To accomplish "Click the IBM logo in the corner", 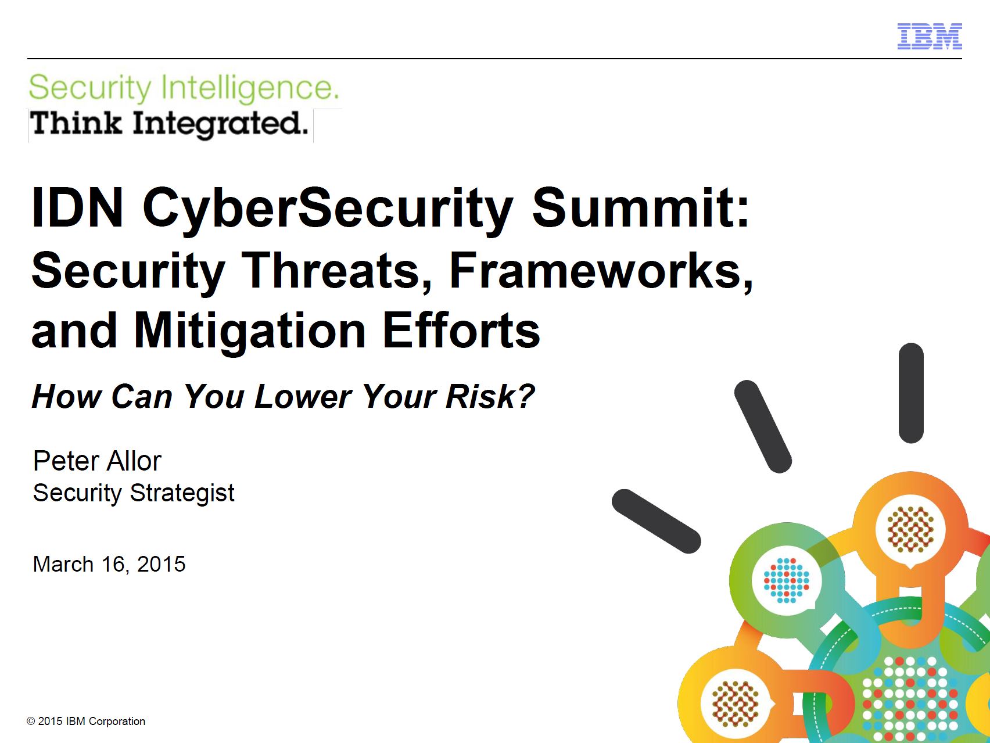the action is (930, 36).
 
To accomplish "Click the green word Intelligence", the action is (249, 89).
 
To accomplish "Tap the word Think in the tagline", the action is (76, 123).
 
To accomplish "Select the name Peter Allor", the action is (97, 461).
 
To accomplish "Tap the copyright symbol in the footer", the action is (31, 722).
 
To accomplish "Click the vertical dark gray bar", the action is (911, 393).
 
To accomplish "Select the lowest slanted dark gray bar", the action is (657, 521).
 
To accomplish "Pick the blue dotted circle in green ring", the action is (786, 580).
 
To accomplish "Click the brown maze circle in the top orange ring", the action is (910, 529).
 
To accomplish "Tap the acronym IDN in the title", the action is (78, 207).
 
